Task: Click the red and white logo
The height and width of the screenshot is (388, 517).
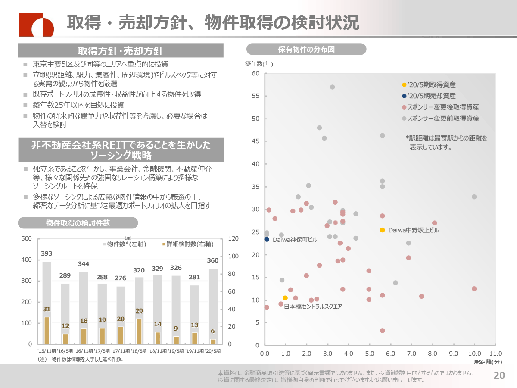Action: coord(37,25)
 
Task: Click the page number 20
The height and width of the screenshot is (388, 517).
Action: coord(499,375)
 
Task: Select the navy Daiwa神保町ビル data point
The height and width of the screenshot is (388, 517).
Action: coord(267,239)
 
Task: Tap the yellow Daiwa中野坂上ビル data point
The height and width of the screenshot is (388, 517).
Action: coord(382,230)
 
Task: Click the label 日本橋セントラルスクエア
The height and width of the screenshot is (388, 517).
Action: coord(313,307)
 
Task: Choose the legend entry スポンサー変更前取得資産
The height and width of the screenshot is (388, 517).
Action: coord(442,118)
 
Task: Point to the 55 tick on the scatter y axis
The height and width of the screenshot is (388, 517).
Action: coord(255,96)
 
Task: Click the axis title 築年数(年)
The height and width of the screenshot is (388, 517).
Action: coord(259,64)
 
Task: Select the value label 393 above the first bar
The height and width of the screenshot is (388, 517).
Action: coord(47,253)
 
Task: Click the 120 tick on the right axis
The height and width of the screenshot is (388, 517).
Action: coord(233,239)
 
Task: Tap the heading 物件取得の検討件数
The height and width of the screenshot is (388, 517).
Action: coord(78,223)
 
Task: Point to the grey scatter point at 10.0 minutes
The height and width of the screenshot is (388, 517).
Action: coord(474,197)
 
